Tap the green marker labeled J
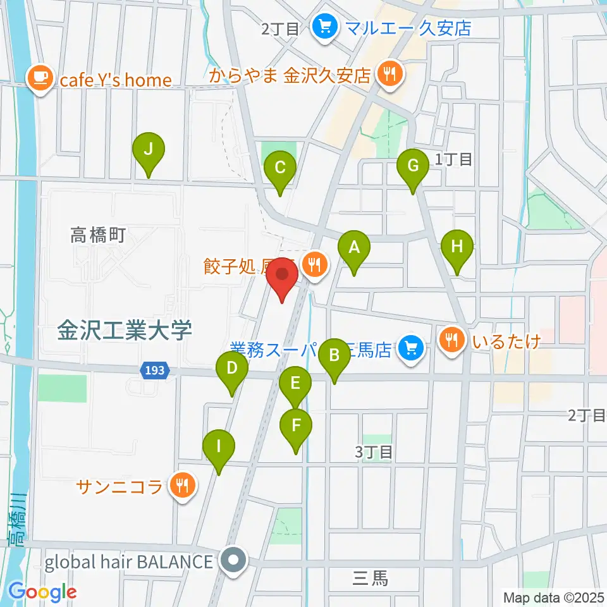[149, 150]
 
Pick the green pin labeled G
[413, 167]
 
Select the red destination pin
[282, 279]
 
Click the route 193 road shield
[154, 371]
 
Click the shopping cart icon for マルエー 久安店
[326, 27]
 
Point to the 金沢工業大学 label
[124, 329]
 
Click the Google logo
[42, 591]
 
